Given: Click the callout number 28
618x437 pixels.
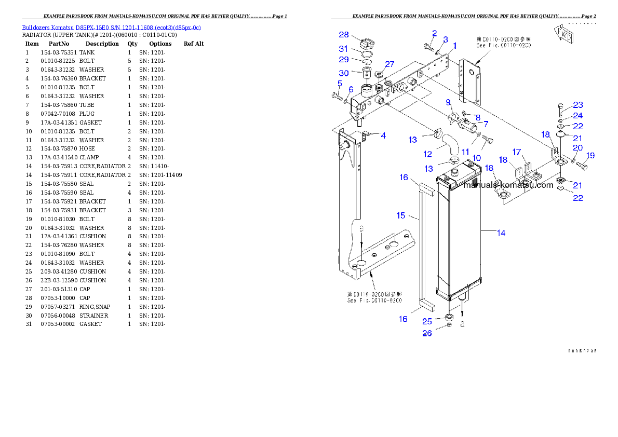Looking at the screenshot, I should pyautogui.click(x=344, y=35).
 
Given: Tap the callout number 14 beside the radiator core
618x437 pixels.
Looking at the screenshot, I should pyautogui.click(x=501, y=234).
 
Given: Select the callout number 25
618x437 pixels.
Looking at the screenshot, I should pyautogui.click(x=427, y=322).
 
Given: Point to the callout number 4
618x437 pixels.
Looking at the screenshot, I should pyautogui.click(x=383, y=136).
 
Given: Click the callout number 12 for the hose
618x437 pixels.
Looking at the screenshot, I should pyautogui.click(x=427, y=154).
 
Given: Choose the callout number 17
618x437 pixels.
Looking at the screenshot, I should pyautogui.click(x=517, y=152).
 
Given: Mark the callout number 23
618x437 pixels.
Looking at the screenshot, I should pyautogui.click(x=578, y=105).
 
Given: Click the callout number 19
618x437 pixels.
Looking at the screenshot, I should pyautogui.click(x=590, y=155).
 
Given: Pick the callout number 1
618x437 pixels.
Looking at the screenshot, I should pyautogui.click(x=454, y=46).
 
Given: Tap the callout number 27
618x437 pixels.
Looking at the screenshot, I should pyautogui.click(x=389, y=64).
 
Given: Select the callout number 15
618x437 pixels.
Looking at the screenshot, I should pyautogui.click(x=401, y=215).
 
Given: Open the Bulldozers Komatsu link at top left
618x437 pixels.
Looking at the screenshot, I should pyautogui.click(x=111, y=28).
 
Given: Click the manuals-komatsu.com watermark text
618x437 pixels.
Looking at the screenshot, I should pyautogui.click(x=508, y=185).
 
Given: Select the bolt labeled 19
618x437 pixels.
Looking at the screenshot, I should pyautogui.click(x=581, y=165).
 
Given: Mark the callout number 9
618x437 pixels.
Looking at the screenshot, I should pyautogui.click(x=448, y=103).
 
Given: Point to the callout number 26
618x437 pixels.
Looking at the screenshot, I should pyautogui.click(x=427, y=333).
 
